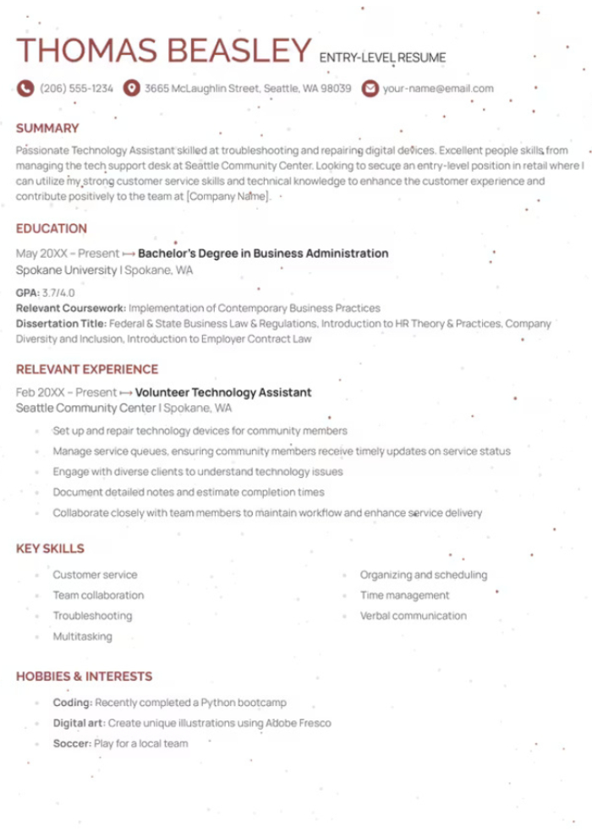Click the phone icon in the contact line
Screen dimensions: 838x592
coord(25,88)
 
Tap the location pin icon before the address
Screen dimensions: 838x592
coord(131,88)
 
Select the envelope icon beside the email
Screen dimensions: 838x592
coord(370,88)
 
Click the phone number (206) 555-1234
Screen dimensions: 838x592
coord(76,88)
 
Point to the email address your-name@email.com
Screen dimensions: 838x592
coord(438,88)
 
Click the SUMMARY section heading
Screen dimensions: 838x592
coord(47,129)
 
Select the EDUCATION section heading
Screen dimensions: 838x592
coord(52,228)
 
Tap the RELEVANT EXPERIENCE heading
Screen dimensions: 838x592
coord(87,369)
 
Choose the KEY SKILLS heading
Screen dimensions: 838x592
coord(50,548)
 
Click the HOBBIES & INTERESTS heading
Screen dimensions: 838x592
coord(84,676)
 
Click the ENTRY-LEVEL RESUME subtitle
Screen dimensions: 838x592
coord(382,58)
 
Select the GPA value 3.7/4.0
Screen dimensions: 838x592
coord(58,293)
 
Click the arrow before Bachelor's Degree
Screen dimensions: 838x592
coord(129,254)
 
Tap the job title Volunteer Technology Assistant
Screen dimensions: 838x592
coord(223,392)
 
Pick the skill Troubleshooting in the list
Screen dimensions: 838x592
coord(92,616)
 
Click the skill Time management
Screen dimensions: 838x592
coord(405,595)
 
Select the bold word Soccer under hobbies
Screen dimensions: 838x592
coord(71,743)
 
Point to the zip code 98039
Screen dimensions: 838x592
coord(336,88)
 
